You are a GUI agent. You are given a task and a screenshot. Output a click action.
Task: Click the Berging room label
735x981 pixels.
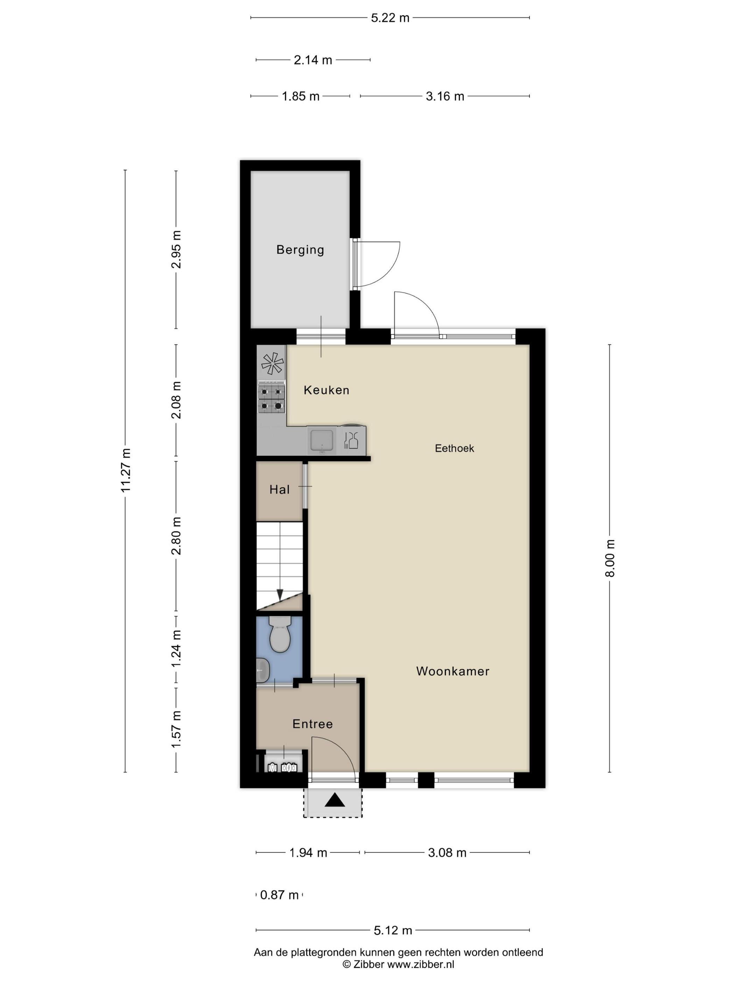[x=300, y=250]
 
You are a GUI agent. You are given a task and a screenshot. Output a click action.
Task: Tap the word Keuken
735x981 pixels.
[x=326, y=390]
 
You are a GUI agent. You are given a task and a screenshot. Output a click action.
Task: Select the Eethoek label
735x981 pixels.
[x=454, y=448]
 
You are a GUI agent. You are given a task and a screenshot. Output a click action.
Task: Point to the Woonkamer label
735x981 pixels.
[x=452, y=671]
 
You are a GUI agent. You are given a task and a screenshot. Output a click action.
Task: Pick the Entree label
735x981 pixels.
[x=312, y=724]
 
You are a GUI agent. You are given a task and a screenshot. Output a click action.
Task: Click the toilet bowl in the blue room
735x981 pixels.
[x=280, y=634]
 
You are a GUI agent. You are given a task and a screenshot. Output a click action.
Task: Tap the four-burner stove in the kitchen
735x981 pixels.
[x=271, y=398]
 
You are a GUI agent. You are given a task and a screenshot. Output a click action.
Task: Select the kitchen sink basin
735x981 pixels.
[x=322, y=440]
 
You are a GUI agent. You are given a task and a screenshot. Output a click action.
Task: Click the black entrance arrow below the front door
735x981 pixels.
[x=335, y=800]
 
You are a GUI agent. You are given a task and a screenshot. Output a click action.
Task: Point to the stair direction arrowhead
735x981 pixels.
[x=280, y=594]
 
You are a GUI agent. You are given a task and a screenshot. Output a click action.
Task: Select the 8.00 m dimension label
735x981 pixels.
[x=610, y=558]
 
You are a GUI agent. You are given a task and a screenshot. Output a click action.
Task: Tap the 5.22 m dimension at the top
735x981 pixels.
[x=390, y=18]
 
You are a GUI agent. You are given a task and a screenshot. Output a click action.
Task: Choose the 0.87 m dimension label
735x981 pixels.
[x=279, y=895]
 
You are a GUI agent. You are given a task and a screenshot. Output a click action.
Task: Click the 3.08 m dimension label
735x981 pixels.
[x=447, y=852]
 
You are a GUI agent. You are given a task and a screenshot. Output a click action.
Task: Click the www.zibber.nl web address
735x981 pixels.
[x=421, y=964]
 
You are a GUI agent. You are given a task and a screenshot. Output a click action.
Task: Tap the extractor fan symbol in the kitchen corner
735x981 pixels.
[x=272, y=364]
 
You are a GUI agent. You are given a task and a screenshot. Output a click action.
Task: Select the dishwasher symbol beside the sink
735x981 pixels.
[x=351, y=440]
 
